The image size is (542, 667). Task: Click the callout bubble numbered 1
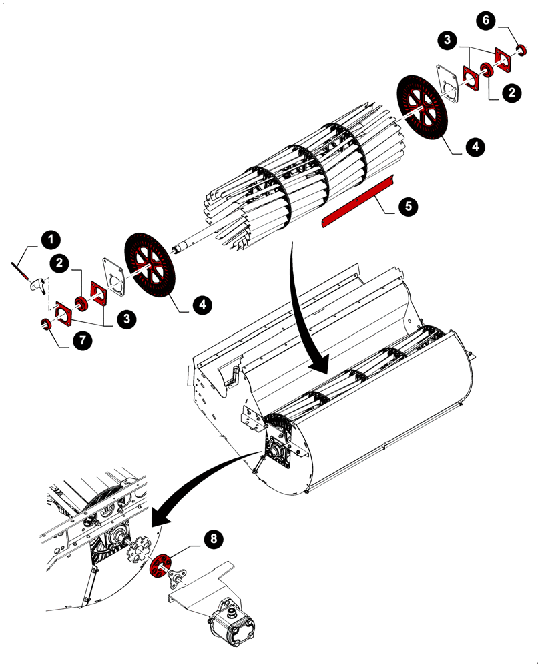point(51,239)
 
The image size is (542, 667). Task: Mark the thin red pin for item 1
point(19,269)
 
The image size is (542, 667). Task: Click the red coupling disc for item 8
point(160,566)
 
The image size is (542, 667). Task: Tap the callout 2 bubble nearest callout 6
point(511,93)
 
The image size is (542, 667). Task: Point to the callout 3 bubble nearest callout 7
point(127,319)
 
